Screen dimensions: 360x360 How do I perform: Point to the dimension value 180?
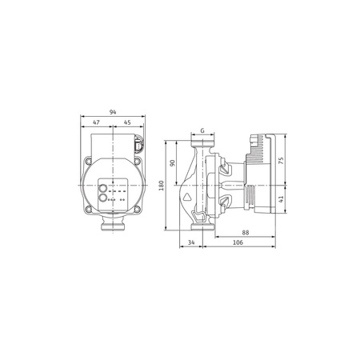click(162, 185)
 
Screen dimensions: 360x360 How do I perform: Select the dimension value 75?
click(282, 159)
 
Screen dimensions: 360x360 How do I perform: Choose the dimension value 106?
click(238, 243)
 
